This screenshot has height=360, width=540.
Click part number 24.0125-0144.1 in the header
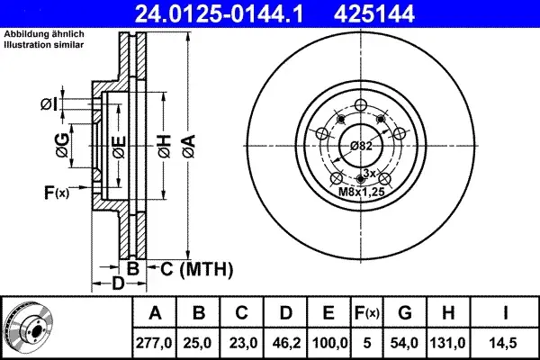click(x=219, y=13)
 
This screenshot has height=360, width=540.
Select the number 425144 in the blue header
click(x=374, y=13)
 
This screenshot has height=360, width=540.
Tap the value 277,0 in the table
click(x=154, y=343)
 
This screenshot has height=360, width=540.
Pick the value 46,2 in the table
click(x=286, y=343)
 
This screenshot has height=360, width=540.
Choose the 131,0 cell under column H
click(x=447, y=343)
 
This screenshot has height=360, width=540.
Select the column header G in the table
click(x=405, y=313)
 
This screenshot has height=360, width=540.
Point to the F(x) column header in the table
click(x=367, y=313)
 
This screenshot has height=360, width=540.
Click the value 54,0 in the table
click(x=404, y=343)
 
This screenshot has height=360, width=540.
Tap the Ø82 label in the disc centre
click(x=361, y=146)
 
